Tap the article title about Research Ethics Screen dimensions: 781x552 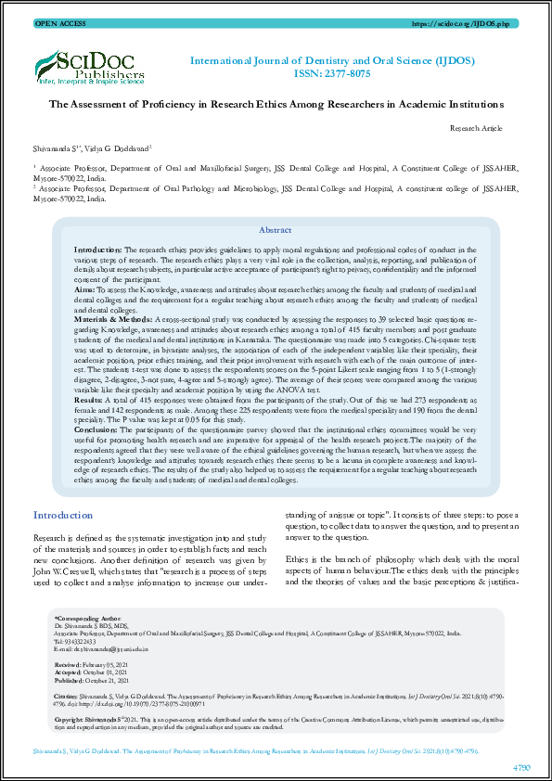point(276,106)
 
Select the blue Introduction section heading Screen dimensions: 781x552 point(63,515)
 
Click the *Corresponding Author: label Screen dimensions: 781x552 point(88,618)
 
